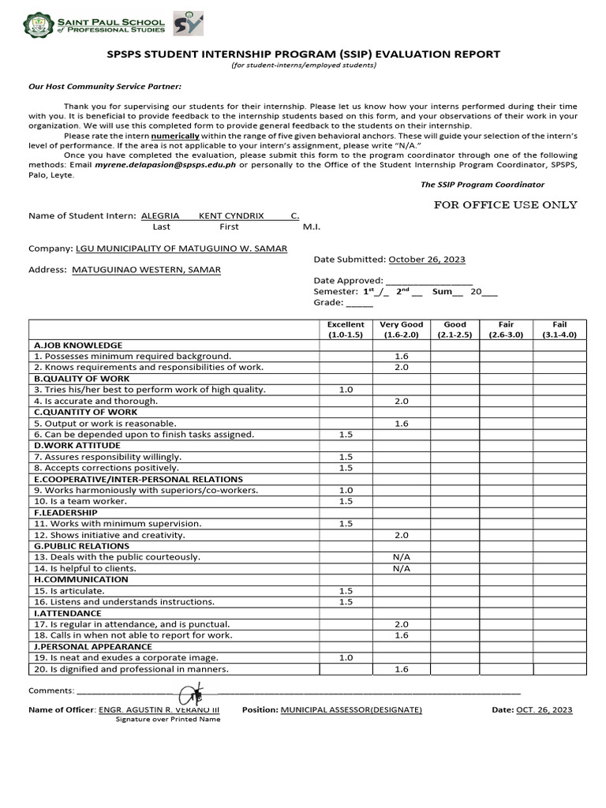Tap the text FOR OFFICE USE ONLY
[506, 205]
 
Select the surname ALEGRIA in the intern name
[160, 215]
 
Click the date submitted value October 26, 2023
[426, 259]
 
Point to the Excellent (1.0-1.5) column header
[346, 329]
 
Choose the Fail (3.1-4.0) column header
[559, 329]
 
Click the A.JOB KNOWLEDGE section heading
[77, 345]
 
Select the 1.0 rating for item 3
[346, 390]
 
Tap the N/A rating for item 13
[401, 557]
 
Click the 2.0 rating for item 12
[401, 535]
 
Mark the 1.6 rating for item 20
[401, 669]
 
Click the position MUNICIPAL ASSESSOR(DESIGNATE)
[351, 710]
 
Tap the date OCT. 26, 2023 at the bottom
[544, 710]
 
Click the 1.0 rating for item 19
[346, 657]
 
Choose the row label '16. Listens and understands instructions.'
[124, 602]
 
